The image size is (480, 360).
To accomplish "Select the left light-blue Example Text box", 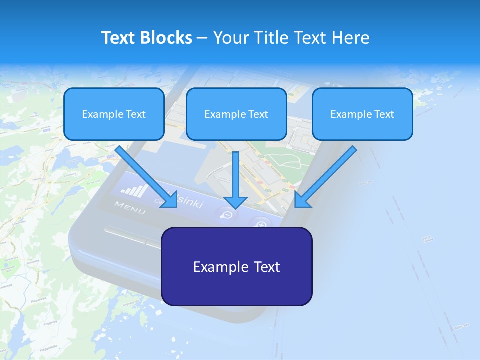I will [x=114, y=114].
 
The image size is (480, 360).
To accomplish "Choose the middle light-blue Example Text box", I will [x=236, y=114].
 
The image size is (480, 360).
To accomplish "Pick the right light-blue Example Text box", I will [x=362, y=114].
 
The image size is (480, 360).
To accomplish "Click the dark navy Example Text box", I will [x=236, y=266].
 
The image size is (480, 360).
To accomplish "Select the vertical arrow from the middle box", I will [x=235, y=175].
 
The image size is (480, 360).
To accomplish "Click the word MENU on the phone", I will [x=130, y=207].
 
